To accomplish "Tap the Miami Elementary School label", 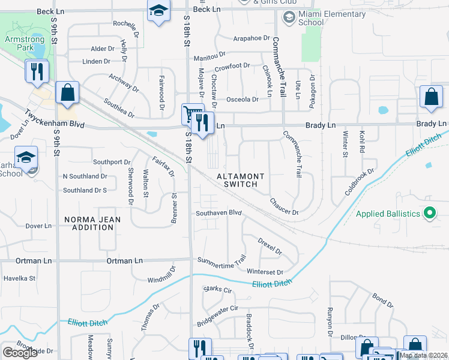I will (331, 18).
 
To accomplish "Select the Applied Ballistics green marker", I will (429, 214).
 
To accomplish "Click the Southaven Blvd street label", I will (219, 213).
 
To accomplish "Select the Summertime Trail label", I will (222, 262).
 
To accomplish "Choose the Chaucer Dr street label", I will (284, 207).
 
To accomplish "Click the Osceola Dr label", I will (242, 100).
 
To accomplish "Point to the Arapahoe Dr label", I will (252, 38).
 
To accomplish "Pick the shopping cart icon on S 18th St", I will (191, 113).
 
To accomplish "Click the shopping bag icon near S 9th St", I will (67, 93).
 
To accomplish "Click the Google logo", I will (20, 353).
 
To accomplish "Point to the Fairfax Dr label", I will (163, 166).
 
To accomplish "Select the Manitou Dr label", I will (209, 58).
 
